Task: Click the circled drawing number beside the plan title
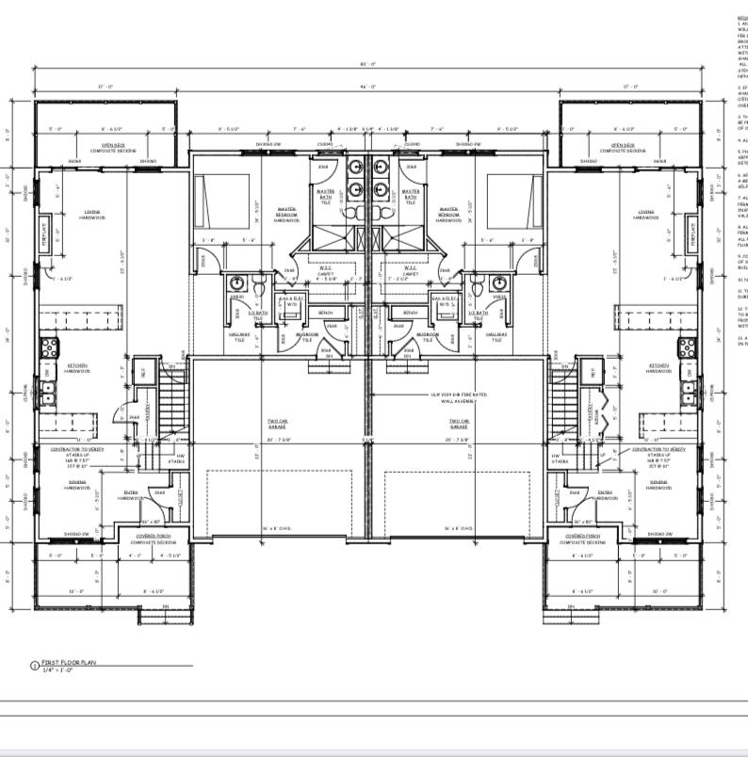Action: (x=35, y=667)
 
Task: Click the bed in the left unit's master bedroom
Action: (x=222, y=202)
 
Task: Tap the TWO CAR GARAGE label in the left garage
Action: (x=275, y=425)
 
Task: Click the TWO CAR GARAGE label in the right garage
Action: (x=460, y=425)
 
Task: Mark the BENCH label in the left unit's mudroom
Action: (x=326, y=313)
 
